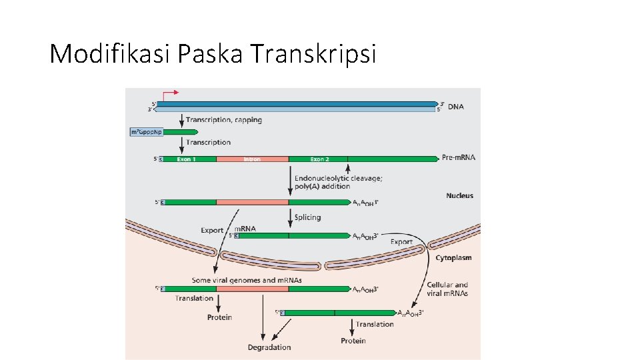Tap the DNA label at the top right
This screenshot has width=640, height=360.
click(x=457, y=106)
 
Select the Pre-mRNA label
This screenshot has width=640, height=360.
click(x=459, y=158)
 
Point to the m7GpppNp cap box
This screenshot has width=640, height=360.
click(x=146, y=132)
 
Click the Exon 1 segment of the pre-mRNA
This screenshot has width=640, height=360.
click(x=186, y=159)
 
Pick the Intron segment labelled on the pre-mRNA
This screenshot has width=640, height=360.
click(x=252, y=159)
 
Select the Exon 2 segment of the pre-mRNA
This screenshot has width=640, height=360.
click(x=319, y=159)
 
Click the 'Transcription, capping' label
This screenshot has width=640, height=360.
click(x=224, y=120)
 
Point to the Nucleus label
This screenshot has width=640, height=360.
click(x=459, y=195)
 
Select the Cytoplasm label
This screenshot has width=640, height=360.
click(x=453, y=257)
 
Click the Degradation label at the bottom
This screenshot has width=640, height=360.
click(x=269, y=347)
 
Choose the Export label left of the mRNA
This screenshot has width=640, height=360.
click(x=213, y=231)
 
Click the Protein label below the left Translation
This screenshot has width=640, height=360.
click(x=219, y=317)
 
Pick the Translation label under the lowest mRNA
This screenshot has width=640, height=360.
click(x=375, y=325)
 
